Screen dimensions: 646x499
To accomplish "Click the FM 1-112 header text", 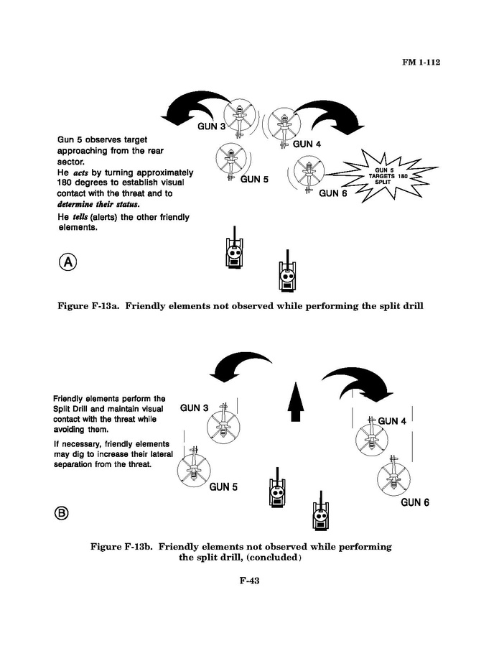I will coord(420,63).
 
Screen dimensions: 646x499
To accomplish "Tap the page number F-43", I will coord(249,581).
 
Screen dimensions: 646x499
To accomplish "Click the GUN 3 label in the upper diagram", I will coord(212,126).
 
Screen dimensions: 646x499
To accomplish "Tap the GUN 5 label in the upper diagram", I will coord(254,179).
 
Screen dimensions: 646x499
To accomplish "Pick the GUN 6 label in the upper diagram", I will coord(333,193).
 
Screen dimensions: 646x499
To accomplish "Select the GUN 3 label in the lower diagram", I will coord(195,408).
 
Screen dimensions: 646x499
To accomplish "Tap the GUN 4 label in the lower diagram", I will coord(392,421).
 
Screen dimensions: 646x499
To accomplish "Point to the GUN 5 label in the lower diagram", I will coord(223,487).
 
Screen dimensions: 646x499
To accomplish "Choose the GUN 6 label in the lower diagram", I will coord(414,502).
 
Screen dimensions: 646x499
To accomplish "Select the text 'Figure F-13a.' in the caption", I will coord(92,306).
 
